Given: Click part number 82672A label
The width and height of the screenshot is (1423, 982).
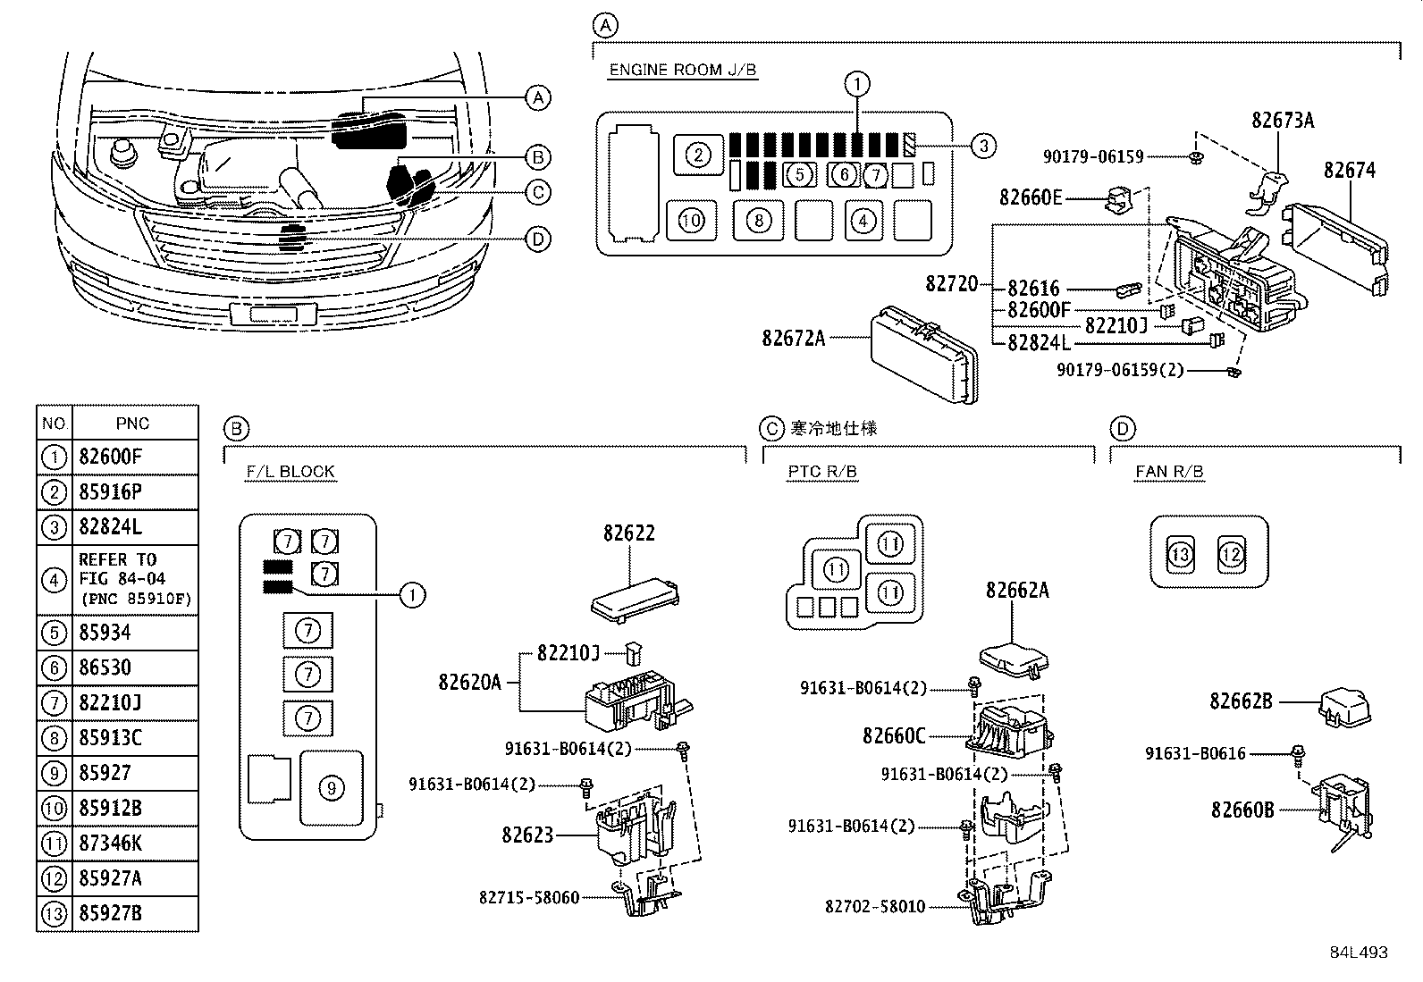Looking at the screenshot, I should (x=793, y=338).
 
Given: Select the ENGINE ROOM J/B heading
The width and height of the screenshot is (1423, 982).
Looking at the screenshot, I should (x=683, y=70).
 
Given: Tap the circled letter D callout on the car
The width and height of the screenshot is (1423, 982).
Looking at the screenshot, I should (x=536, y=239).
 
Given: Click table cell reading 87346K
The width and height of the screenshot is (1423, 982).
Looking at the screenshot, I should (x=111, y=843).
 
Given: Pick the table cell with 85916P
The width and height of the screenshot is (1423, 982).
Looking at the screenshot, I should (x=111, y=491).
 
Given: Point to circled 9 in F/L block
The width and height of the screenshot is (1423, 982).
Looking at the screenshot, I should (x=331, y=788).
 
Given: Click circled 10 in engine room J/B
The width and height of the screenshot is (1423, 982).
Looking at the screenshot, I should (x=691, y=220).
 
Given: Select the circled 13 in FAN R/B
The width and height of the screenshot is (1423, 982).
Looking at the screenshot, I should (x=1181, y=555).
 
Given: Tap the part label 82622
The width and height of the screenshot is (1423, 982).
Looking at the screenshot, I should (x=629, y=533).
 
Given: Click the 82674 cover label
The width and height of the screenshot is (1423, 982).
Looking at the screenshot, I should (x=1349, y=171).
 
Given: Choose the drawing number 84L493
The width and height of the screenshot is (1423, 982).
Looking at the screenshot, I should (x=1358, y=953).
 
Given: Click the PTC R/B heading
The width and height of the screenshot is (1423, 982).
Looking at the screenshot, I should (x=822, y=472).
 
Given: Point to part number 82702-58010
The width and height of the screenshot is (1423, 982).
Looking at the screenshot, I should (x=874, y=906).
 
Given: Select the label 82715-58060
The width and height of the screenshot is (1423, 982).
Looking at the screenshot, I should (x=528, y=896).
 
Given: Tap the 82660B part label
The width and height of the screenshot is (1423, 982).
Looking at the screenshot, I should (x=1242, y=810).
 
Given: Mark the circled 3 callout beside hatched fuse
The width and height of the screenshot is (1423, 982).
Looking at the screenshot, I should (x=982, y=146).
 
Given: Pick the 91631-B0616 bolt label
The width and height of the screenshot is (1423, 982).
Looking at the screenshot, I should (x=1195, y=753).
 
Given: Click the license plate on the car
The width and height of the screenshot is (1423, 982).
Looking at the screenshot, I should (x=274, y=314).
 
